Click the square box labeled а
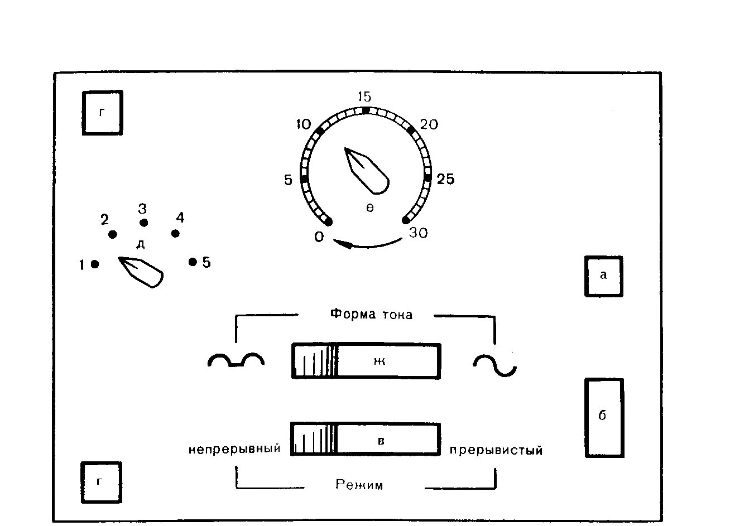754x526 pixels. click(603, 276)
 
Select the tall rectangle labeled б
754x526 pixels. click(603, 417)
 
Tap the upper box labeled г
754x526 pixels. click(102, 112)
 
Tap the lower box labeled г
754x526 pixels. click(101, 481)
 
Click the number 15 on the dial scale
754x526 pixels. click(364, 96)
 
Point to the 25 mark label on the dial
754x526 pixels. click(445, 179)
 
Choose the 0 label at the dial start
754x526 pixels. click(319, 237)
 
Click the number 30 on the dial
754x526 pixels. click(418, 233)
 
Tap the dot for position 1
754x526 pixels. click(95, 264)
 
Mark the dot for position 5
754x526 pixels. click(193, 262)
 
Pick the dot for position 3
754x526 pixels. click(143, 223)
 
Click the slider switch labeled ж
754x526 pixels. click(366, 361)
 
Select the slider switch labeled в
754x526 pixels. click(366, 440)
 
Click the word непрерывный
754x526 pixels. click(234, 448)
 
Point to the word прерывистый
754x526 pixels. click(496, 450)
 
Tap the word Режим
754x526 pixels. click(359, 485)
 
